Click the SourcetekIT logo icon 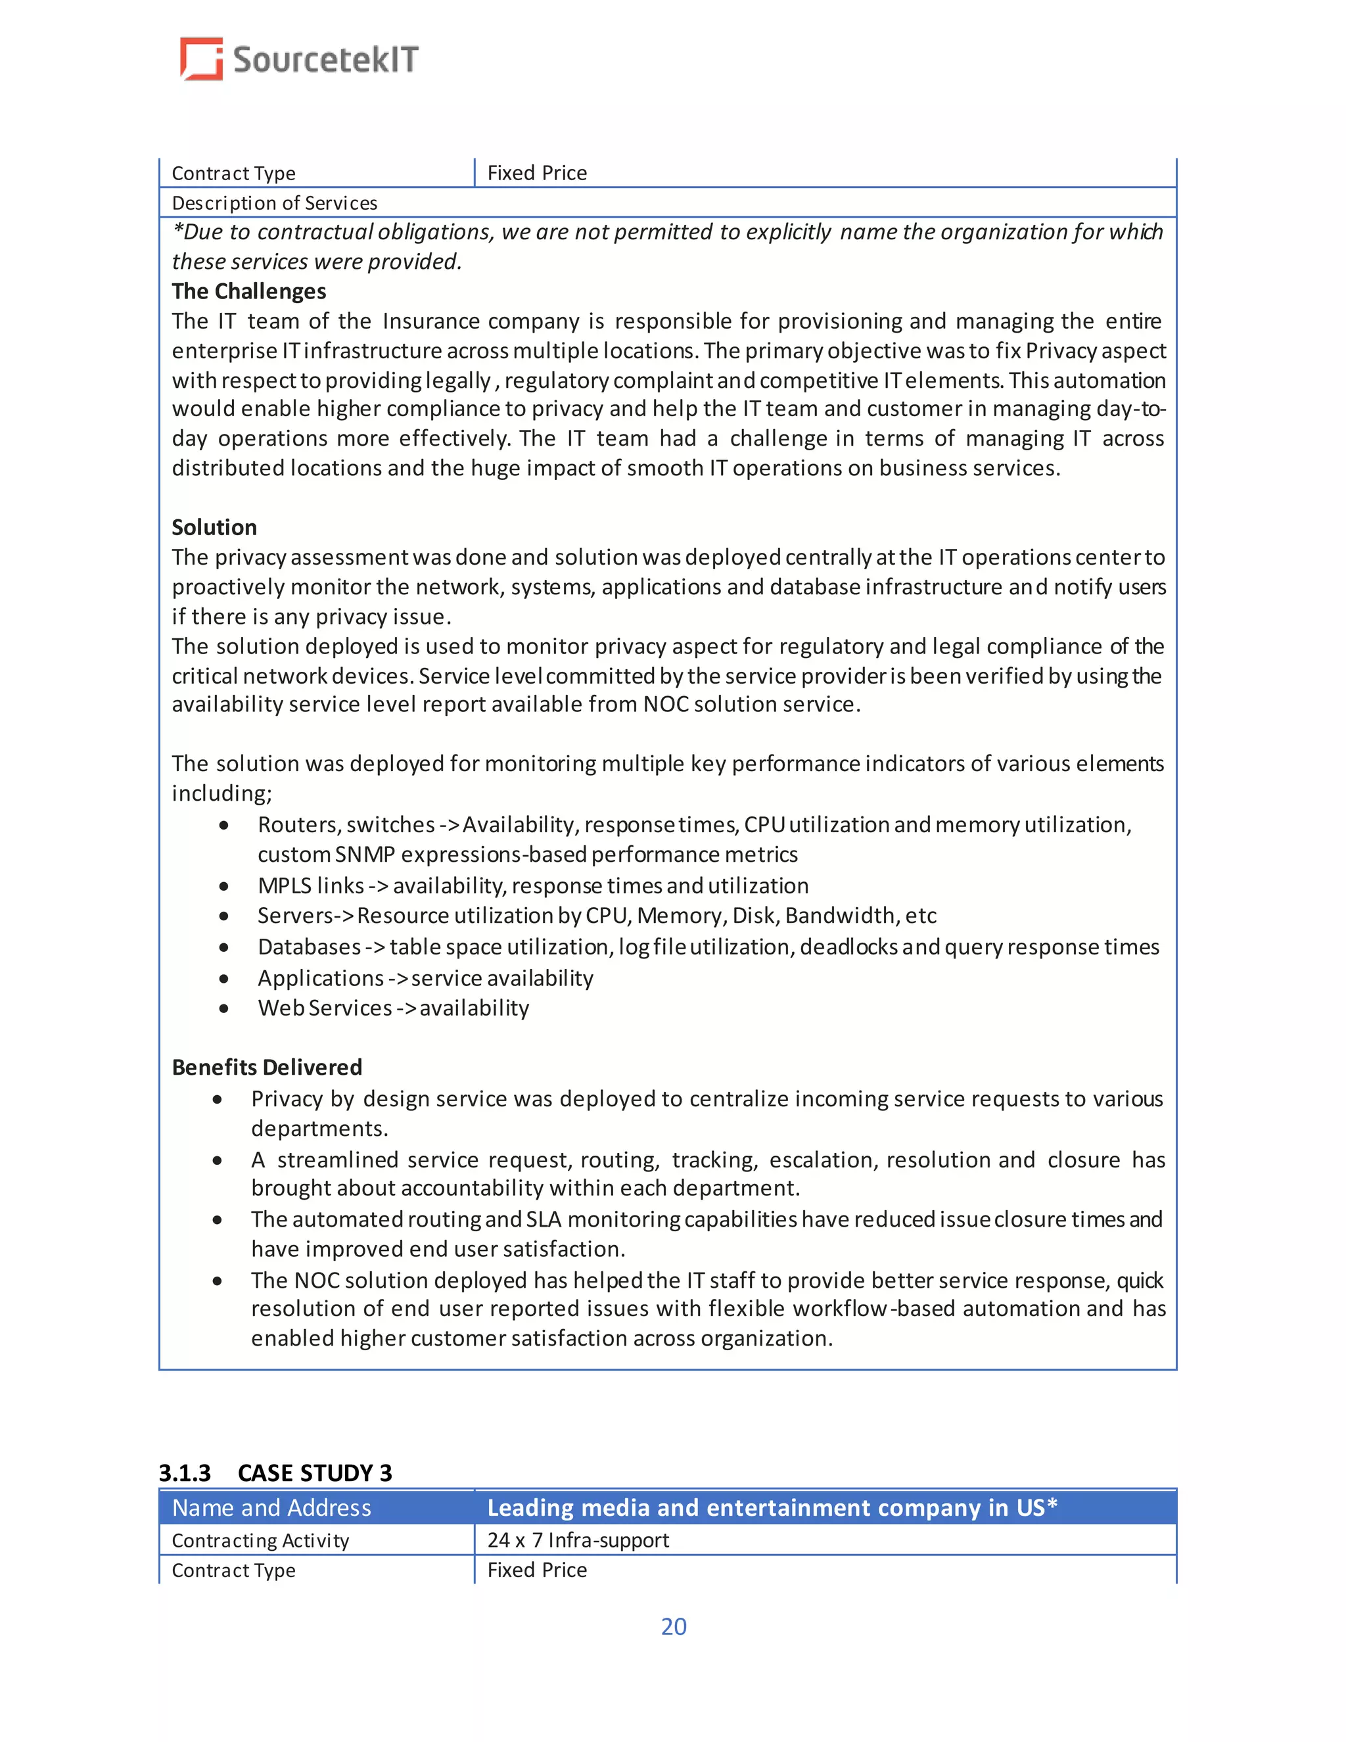[201, 59]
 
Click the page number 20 [673, 1626]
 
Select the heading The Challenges [249, 291]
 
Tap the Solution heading [214, 527]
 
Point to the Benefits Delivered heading [267, 1067]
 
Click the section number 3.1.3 [184, 1472]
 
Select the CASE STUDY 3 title [315, 1472]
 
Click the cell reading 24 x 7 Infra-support [578, 1540]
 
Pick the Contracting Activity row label [261, 1540]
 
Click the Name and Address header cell [272, 1507]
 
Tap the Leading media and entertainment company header [772, 1507]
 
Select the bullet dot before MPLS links [224, 886]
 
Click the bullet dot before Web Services [224, 1008]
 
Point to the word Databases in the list [310, 947]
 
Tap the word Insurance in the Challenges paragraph [430, 321]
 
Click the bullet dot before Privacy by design [218, 1099]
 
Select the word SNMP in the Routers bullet [365, 855]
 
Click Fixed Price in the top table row [537, 173]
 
